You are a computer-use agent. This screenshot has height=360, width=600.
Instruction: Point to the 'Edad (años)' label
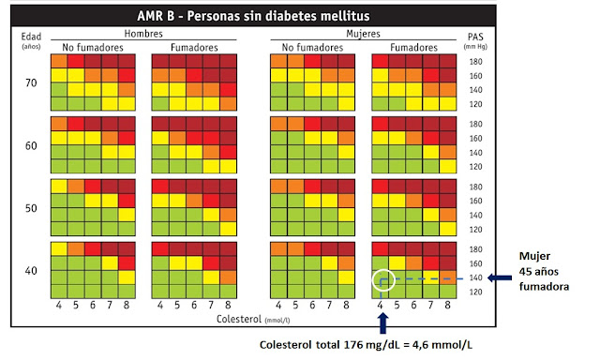click(32, 38)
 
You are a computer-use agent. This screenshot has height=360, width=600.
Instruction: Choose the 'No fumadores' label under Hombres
click(92, 46)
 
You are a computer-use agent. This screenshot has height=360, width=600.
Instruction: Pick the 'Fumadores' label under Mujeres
click(413, 46)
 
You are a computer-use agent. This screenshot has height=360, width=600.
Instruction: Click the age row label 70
click(32, 82)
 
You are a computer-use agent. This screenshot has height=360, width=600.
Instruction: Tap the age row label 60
click(32, 145)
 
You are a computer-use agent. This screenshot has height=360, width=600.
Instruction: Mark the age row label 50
click(32, 207)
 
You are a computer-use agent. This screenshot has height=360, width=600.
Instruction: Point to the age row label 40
click(32, 270)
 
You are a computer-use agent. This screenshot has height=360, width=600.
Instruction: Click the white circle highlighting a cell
click(382, 279)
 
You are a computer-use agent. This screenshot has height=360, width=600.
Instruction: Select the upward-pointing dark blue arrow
click(381, 322)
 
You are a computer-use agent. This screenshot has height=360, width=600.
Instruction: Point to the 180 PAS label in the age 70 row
click(477, 61)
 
